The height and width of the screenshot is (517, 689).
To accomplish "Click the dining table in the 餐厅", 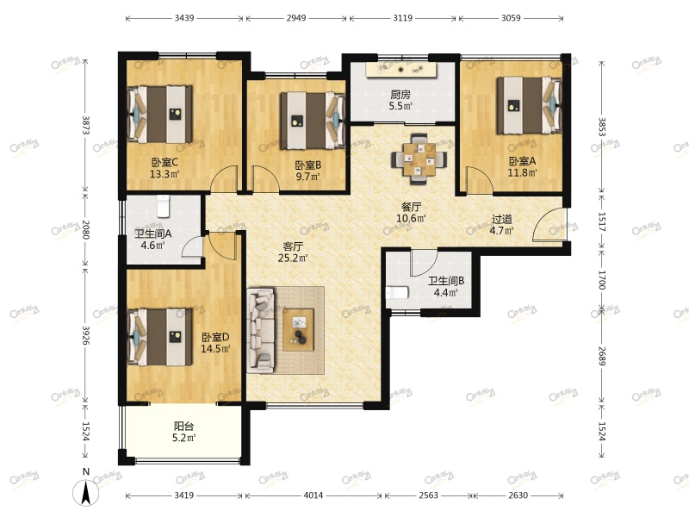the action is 419,159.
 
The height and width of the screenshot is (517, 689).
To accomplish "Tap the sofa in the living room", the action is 261,330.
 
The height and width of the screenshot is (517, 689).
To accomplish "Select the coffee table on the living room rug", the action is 298,330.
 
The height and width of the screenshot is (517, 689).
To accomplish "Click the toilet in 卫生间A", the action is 163,206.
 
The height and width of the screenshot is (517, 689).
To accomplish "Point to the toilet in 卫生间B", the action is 397,292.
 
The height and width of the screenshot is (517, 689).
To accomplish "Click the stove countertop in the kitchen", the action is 400,70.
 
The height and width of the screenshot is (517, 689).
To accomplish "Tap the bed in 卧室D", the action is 160,337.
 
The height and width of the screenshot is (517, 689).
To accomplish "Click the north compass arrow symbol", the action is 86,492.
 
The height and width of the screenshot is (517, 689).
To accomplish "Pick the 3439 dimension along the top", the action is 184,18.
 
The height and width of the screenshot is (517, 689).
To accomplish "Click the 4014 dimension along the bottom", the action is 313,495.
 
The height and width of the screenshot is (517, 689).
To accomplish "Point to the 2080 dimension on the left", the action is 85,230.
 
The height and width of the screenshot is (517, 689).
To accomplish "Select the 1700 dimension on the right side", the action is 602,280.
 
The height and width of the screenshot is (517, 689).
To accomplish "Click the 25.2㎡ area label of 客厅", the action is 293,258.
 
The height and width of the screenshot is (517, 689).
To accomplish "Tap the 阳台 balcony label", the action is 183,426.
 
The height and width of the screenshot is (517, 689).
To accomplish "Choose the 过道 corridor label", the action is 502,219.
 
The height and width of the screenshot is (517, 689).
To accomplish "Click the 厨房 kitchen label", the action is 400,95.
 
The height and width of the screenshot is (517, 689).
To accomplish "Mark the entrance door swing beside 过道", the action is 549,224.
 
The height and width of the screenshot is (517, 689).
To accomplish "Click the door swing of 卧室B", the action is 265,179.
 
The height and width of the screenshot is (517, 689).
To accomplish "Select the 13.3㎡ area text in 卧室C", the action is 164,174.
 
